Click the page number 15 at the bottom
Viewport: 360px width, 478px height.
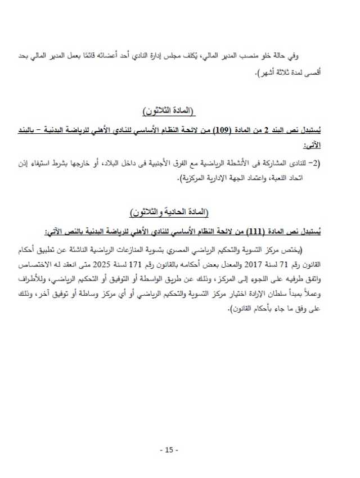169,450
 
